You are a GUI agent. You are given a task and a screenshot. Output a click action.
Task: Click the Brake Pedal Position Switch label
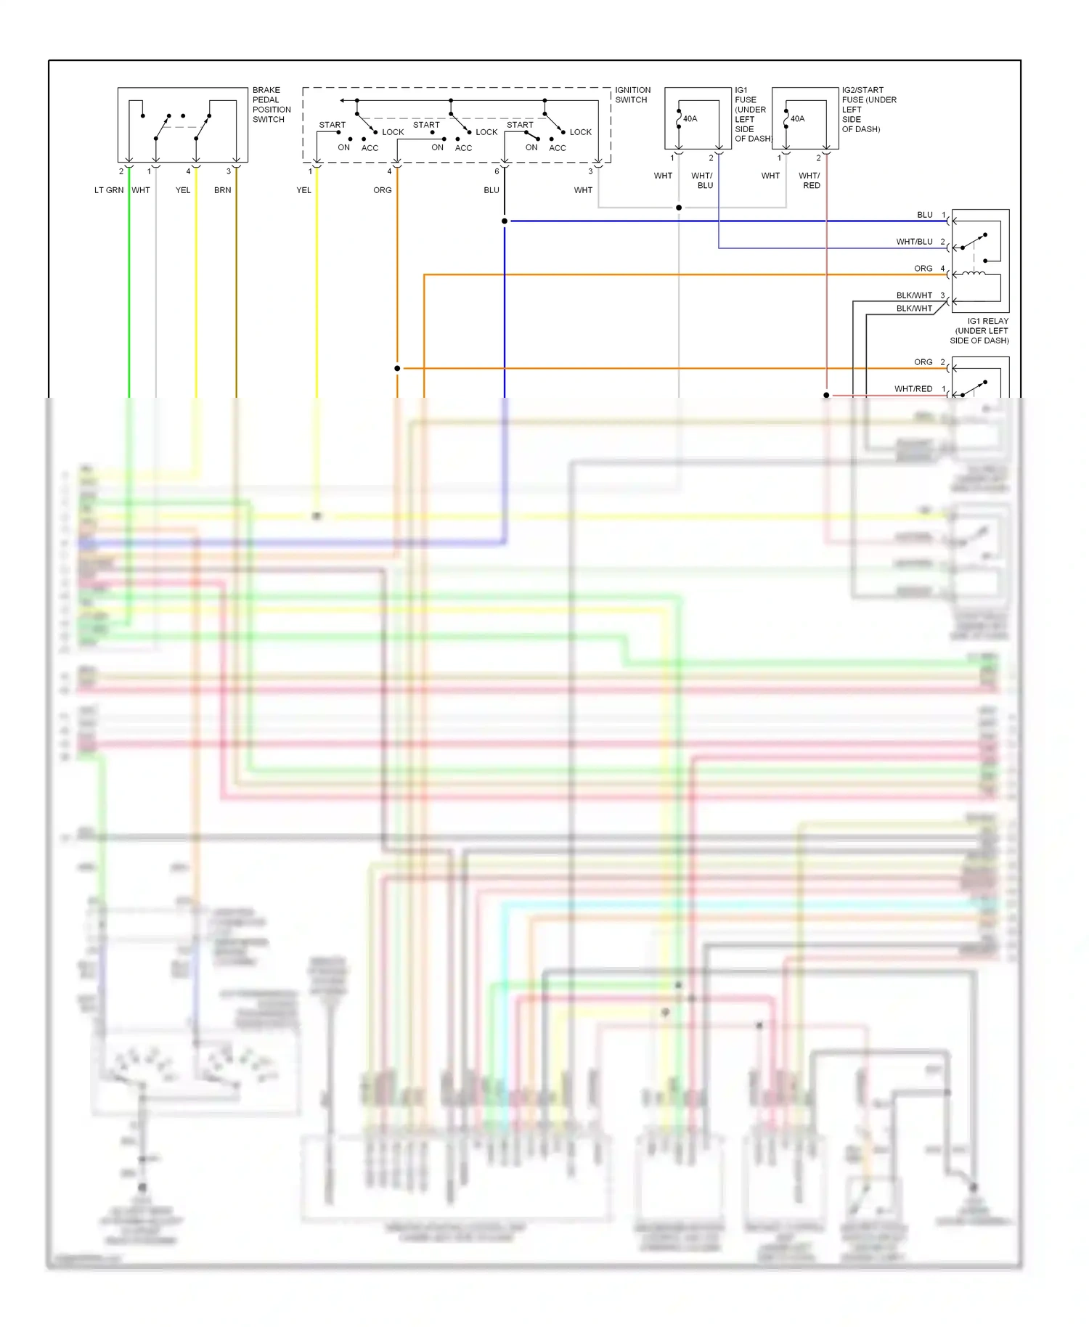[272, 105]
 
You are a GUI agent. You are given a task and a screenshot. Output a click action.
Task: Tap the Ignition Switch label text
[632, 95]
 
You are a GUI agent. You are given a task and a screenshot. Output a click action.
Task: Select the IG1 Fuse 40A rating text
[690, 118]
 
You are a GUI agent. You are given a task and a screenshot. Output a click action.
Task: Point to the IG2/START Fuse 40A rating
[797, 118]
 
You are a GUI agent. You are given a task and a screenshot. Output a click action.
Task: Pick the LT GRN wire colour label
[109, 190]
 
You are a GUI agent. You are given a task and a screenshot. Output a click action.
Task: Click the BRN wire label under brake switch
[222, 190]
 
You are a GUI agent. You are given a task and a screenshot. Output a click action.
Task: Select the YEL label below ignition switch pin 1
[303, 190]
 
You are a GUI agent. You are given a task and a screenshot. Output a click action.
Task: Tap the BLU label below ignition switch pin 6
[492, 190]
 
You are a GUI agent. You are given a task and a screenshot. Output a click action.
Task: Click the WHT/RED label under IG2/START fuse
[810, 180]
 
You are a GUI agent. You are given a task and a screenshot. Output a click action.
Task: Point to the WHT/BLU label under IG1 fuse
[702, 180]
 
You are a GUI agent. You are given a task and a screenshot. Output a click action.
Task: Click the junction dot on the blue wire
[505, 221]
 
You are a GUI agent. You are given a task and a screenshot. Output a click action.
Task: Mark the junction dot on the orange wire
[397, 368]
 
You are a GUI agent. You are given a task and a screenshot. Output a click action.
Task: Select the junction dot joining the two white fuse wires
[679, 208]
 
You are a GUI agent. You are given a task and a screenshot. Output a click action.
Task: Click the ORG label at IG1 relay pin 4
[923, 269]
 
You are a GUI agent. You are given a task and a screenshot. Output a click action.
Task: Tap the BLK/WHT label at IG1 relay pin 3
[914, 295]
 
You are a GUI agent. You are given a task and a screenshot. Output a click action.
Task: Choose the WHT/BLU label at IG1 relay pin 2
[914, 242]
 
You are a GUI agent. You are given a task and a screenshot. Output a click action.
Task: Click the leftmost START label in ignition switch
[333, 125]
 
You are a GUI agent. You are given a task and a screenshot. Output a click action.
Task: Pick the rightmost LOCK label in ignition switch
[580, 132]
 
